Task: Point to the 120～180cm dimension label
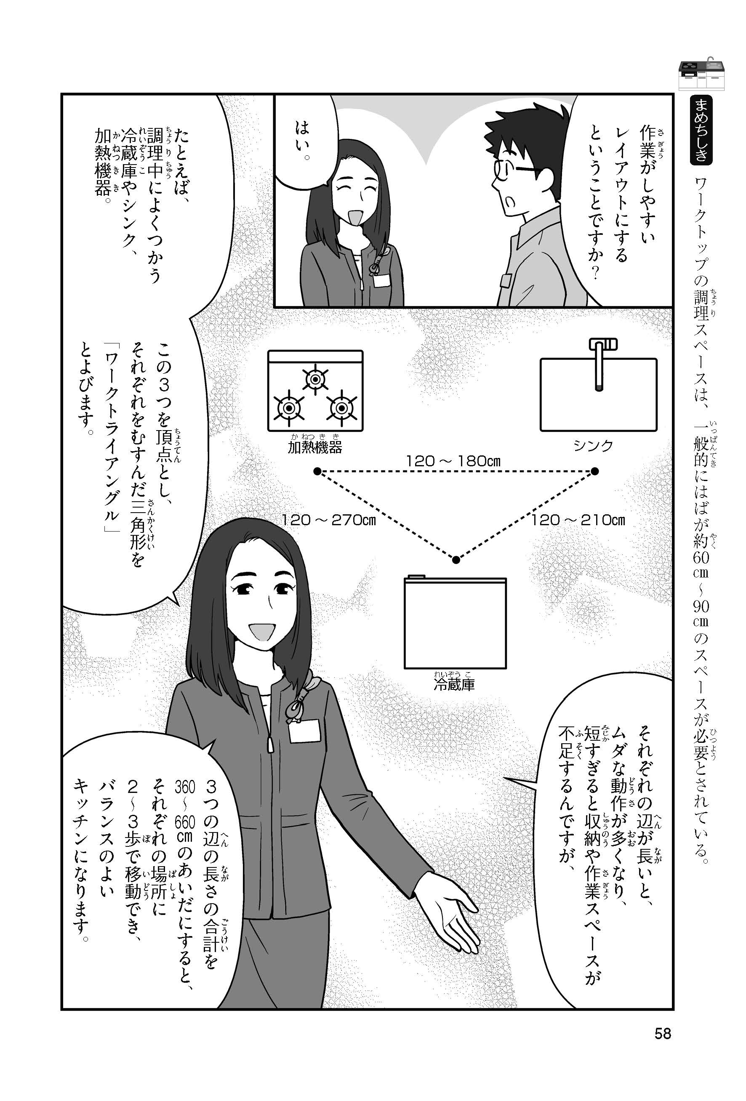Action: coord(453,460)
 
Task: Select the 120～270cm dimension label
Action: coord(328,520)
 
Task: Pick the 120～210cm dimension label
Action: coord(578,520)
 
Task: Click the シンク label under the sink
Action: coord(593,445)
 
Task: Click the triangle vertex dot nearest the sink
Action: coord(595,471)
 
